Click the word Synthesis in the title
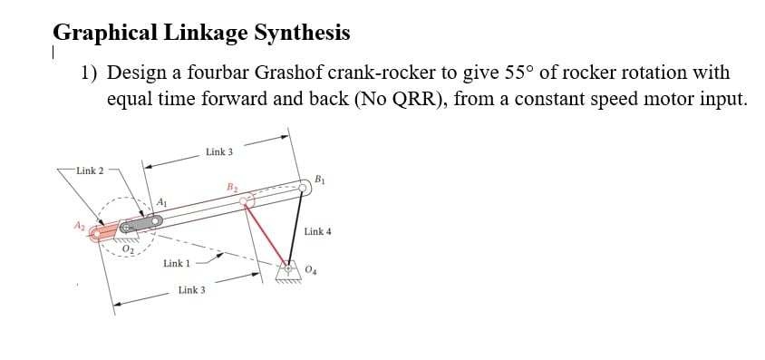tap(302, 34)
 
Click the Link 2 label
tap(90, 170)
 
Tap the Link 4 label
tap(319, 232)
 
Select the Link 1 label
tap(176, 264)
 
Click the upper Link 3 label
tap(218, 151)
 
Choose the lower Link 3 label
tap(191, 290)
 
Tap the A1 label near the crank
tap(161, 200)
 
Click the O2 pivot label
tap(128, 249)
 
